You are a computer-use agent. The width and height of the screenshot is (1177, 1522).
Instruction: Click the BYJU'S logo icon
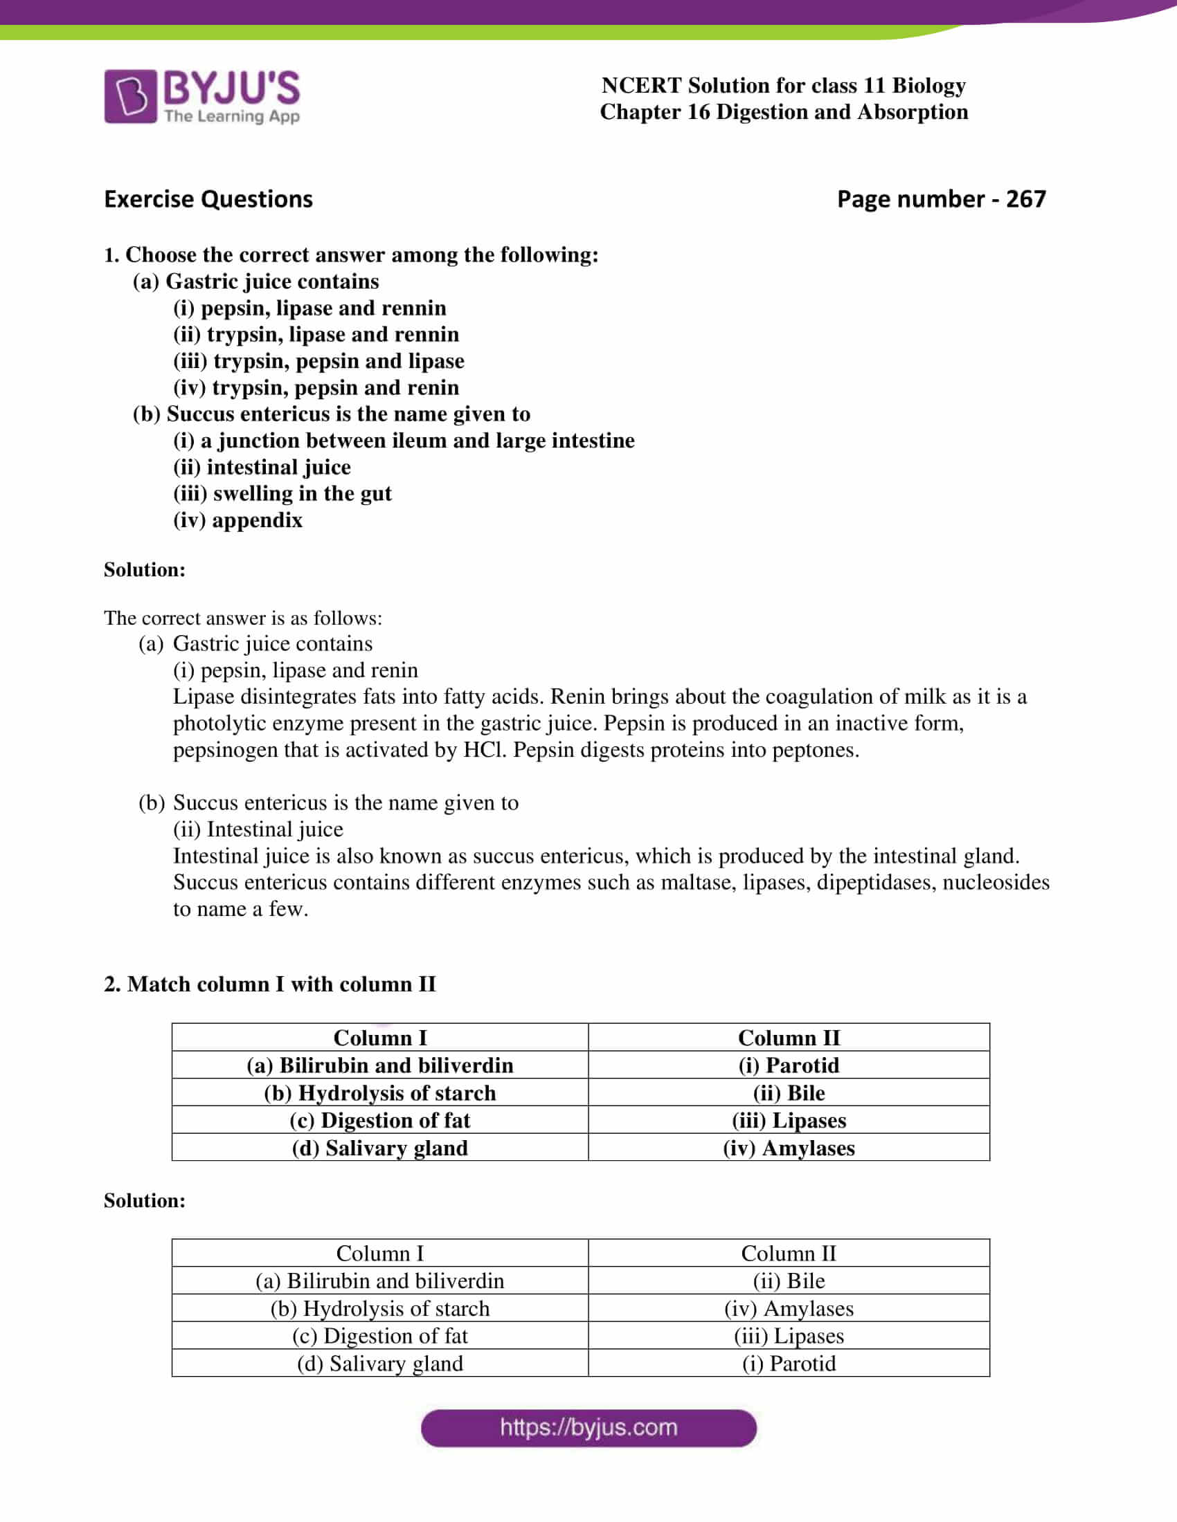[x=130, y=96]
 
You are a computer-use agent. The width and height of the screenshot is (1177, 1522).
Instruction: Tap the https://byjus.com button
[x=588, y=1427]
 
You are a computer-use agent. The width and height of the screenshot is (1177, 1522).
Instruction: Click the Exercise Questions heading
[x=208, y=199]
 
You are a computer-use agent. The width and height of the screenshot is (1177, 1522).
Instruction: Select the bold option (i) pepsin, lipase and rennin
[x=309, y=308]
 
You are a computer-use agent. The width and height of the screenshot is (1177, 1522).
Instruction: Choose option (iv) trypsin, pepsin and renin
[x=316, y=387]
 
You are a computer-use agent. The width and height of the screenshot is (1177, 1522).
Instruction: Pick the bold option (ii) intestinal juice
[x=262, y=467]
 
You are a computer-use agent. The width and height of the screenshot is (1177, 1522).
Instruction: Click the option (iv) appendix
[x=237, y=520]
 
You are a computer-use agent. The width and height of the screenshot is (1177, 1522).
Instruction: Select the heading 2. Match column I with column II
[x=269, y=984]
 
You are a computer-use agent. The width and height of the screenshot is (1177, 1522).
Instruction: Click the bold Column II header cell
[x=789, y=1038]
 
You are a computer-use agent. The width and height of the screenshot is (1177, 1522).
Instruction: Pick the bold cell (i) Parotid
[x=789, y=1065]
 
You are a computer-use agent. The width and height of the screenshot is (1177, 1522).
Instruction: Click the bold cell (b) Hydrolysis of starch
[x=380, y=1092]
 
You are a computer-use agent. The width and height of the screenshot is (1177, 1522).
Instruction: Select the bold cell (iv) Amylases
[x=789, y=1148]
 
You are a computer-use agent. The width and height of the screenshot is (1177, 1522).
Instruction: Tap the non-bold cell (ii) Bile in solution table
[x=789, y=1281]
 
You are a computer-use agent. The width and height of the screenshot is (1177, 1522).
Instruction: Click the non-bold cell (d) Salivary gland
[x=380, y=1363]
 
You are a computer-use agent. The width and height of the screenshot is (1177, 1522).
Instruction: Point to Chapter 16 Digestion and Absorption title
[x=784, y=112]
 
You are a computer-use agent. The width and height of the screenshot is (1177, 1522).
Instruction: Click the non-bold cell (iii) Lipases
[x=789, y=1336]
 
